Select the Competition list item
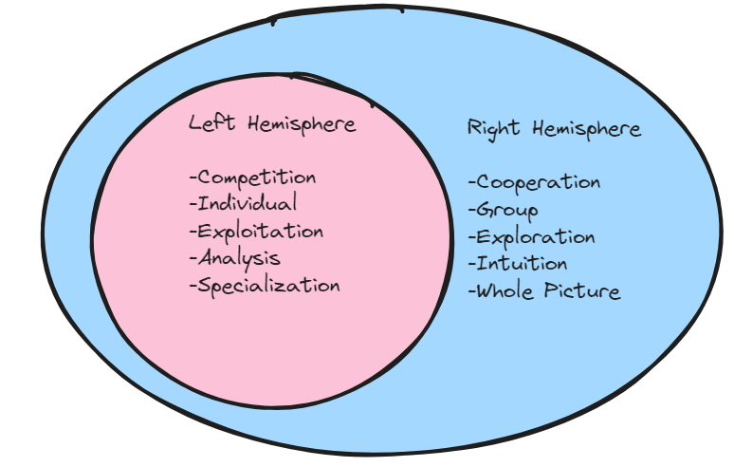pos(256,177)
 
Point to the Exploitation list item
pos(260,231)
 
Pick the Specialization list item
pos(268,285)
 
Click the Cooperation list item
pos(538,182)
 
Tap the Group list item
pos(507,210)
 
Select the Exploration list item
pos(536,237)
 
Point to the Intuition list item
pos(523,263)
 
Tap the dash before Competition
pos(193,178)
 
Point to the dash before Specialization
pos(193,286)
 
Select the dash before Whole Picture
pos(471,291)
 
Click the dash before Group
pos(471,211)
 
